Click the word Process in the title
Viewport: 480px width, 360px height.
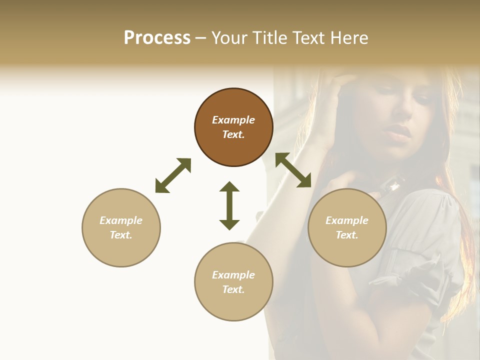click(157, 38)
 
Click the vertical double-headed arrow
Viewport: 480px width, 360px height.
click(229, 205)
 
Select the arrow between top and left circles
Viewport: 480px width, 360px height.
click(173, 175)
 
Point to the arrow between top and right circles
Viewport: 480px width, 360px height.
click(293, 170)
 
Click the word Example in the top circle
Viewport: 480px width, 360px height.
click(233, 120)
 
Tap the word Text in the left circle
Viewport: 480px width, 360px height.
click(120, 235)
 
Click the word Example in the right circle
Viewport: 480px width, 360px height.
click(347, 220)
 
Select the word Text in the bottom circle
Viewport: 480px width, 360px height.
click(233, 289)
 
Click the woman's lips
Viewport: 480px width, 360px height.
click(398, 132)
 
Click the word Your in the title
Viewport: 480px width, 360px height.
click(229, 38)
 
